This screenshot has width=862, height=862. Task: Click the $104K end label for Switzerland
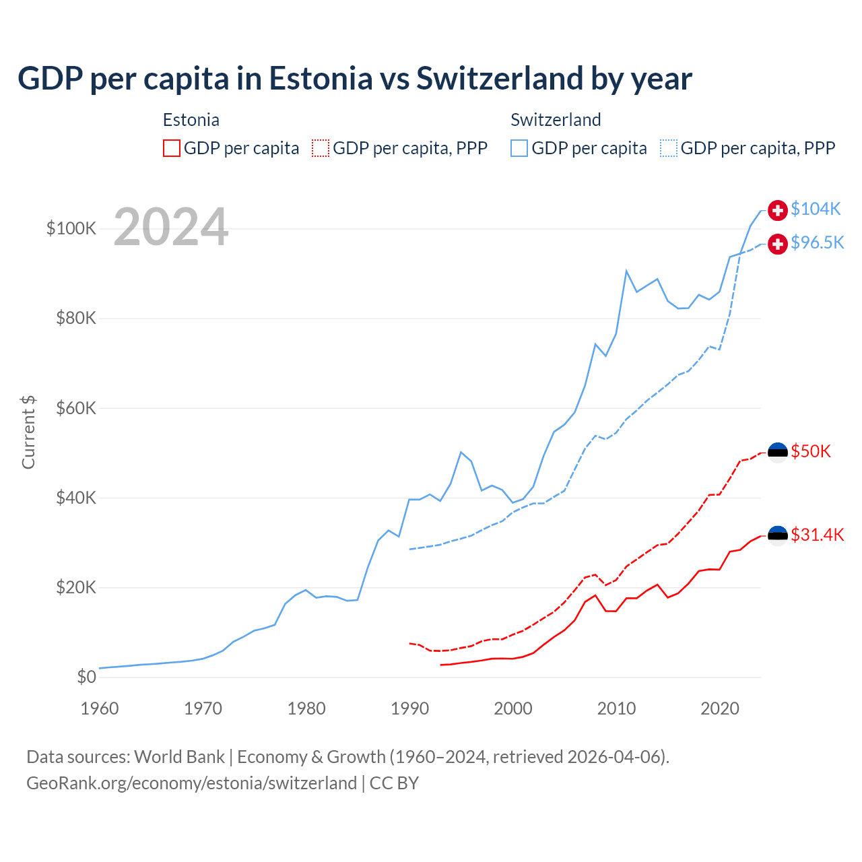(x=816, y=209)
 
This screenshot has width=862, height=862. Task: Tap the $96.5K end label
(x=817, y=242)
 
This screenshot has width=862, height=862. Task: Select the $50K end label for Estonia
(x=811, y=451)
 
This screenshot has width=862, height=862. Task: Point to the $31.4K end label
(x=817, y=535)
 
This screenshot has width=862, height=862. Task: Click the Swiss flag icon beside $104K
(x=778, y=210)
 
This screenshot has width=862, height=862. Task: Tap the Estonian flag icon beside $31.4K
(x=778, y=535)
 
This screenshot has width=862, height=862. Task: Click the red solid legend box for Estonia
(x=172, y=148)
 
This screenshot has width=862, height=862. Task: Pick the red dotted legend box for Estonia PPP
(x=321, y=148)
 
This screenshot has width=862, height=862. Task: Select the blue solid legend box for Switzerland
(x=519, y=148)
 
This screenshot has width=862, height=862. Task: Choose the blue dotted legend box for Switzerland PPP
(x=669, y=148)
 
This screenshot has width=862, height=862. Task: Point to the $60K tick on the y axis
(x=76, y=408)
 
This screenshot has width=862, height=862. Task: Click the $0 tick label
(x=86, y=677)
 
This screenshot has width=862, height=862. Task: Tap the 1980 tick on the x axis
(x=306, y=708)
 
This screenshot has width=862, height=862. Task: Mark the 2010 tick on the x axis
(x=616, y=708)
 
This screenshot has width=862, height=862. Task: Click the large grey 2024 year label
(x=171, y=227)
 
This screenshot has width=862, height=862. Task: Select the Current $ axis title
(x=28, y=432)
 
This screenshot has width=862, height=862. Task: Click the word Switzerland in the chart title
(x=500, y=78)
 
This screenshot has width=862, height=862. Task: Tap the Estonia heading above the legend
(x=191, y=120)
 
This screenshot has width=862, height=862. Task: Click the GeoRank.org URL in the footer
(x=191, y=783)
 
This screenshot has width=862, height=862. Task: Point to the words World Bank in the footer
(x=179, y=757)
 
